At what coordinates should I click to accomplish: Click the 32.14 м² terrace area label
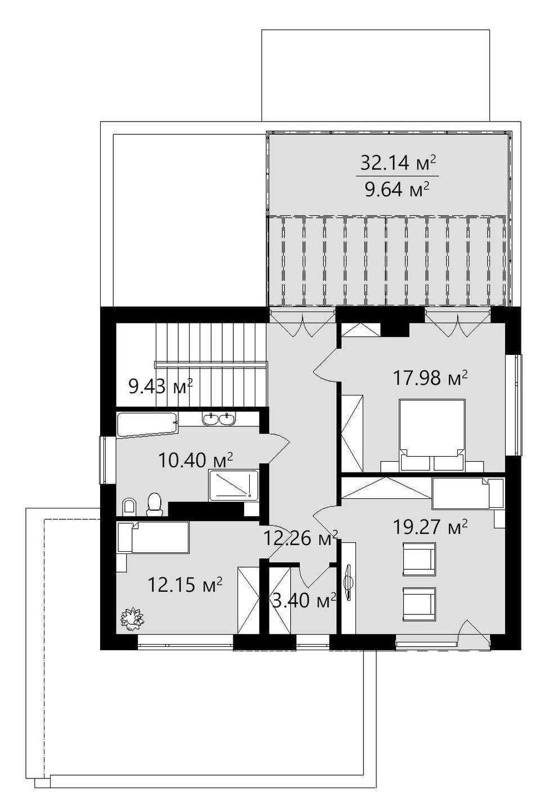pyautogui.click(x=398, y=163)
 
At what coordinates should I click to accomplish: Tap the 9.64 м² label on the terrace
pyautogui.click(x=397, y=189)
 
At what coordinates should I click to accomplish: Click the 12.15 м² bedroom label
pyautogui.click(x=185, y=585)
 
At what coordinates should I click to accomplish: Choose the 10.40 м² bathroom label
pyautogui.click(x=195, y=460)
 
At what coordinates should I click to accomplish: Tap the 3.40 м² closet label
pyautogui.click(x=304, y=601)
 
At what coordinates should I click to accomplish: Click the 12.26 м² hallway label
pyautogui.click(x=301, y=539)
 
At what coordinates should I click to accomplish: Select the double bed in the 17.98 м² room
pyautogui.click(x=432, y=435)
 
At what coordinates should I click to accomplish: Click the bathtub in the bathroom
pyautogui.click(x=147, y=425)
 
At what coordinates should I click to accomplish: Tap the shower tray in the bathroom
pyautogui.click(x=233, y=485)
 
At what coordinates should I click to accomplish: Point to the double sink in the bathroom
pyautogui.click(x=219, y=420)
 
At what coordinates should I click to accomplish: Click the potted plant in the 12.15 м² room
pyautogui.click(x=132, y=619)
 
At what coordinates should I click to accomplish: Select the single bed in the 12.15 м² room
pyautogui.click(x=154, y=537)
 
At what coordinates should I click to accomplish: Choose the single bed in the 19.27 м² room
pyautogui.click(x=467, y=494)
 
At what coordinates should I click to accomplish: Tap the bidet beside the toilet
pyautogui.click(x=129, y=507)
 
